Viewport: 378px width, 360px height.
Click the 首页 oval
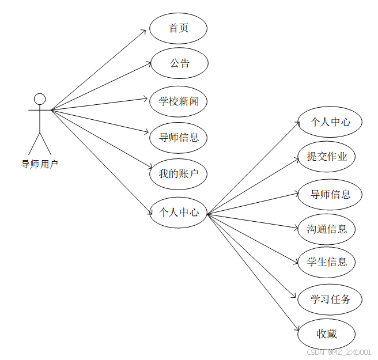tap(178, 28)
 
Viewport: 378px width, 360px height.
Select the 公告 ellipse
tap(179, 63)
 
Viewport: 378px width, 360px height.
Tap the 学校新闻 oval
tap(179, 101)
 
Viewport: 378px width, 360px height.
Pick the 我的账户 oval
tap(179, 173)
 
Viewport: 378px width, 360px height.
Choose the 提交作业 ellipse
tap(327, 156)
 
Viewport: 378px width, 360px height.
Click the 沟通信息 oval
tap(327, 229)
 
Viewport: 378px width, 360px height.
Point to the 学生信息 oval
tap(327, 262)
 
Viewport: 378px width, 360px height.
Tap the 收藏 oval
tap(327, 334)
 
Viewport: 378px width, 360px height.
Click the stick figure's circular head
tap(40, 98)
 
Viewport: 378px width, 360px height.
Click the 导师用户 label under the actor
tap(40, 164)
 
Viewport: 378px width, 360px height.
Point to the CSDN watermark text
tap(339, 353)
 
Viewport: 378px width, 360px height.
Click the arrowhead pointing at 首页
tap(145, 31)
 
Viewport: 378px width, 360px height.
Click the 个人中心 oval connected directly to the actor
tap(179, 212)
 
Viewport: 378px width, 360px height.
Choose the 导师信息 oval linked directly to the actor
tap(179, 137)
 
